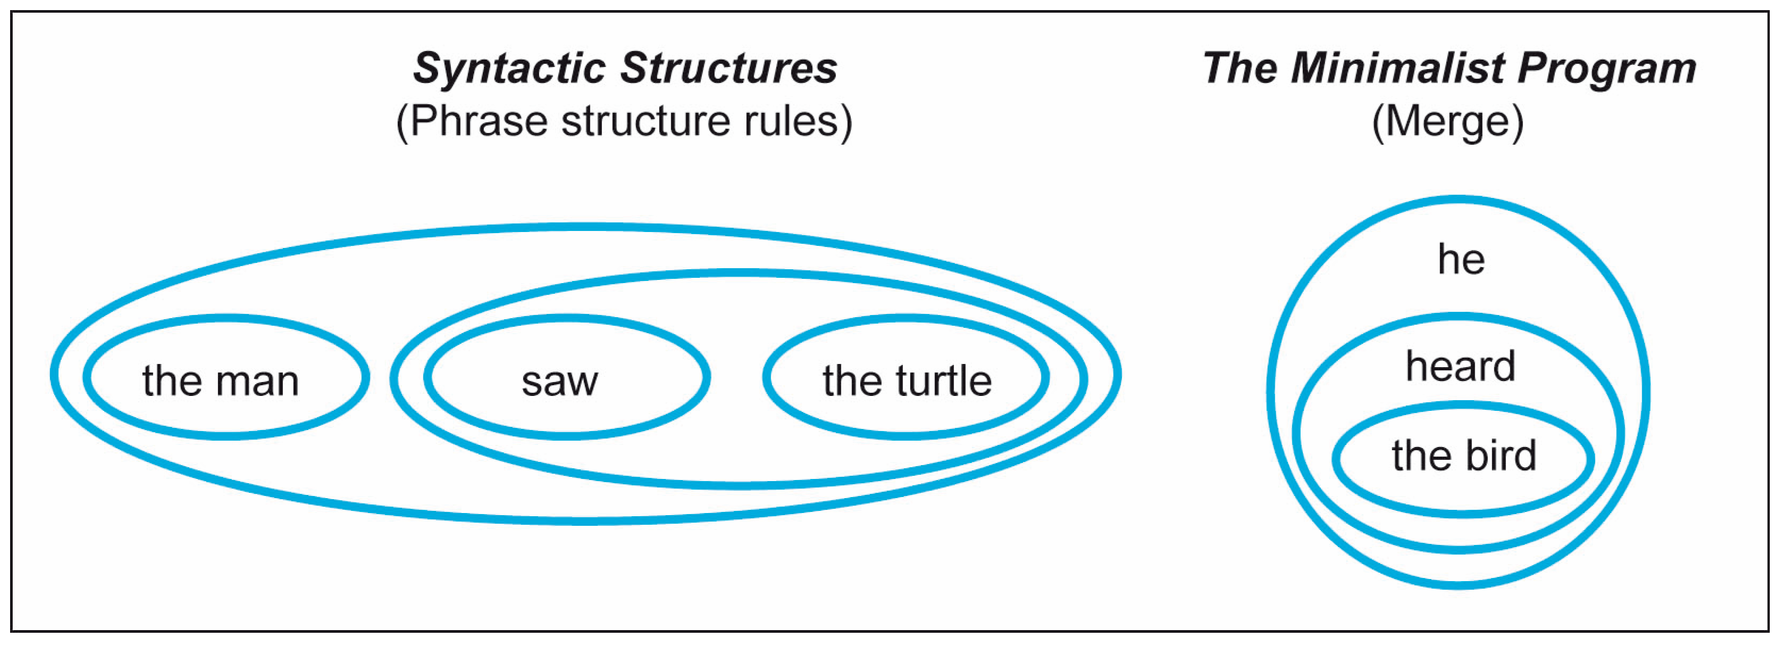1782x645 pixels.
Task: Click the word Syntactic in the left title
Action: (509, 69)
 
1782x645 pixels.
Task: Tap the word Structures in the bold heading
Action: (729, 69)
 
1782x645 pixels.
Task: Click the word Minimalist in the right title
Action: (1398, 69)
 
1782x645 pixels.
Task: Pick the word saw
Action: (559, 381)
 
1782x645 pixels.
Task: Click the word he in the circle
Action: (1460, 260)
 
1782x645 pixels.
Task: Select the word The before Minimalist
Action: (1237, 69)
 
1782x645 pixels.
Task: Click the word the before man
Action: (172, 381)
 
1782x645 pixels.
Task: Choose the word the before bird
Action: (1419, 456)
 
